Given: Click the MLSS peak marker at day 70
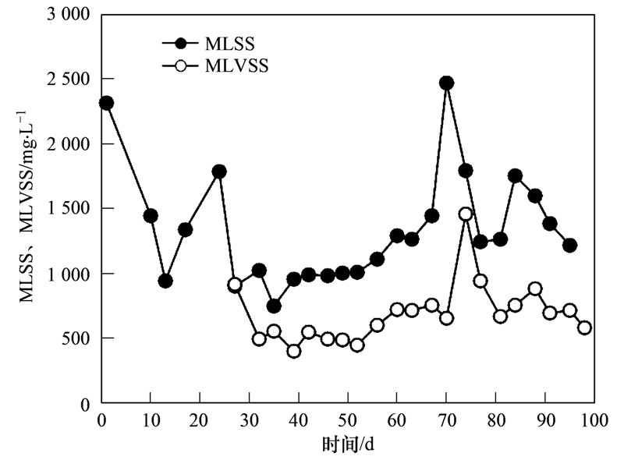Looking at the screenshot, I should (446, 83).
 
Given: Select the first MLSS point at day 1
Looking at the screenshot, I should (106, 103).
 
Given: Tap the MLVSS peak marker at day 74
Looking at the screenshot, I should (466, 214).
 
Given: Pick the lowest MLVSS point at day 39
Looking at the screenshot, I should (293, 351).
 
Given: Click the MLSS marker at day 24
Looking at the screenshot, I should (219, 171).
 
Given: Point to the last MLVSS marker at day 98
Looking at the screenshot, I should (584, 327).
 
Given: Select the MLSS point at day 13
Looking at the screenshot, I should (165, 281).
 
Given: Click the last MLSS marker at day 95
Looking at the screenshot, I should (569, 245).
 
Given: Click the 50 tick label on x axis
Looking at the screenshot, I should (348, 419).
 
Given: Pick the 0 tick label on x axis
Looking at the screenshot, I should (101, 419).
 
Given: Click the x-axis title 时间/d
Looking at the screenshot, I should (349, 444).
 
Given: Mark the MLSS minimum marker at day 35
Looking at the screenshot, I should (274, 306).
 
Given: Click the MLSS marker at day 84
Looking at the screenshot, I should (515, 175).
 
